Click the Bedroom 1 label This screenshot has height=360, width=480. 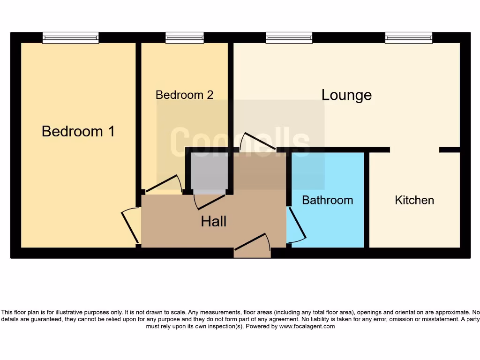(78, 131)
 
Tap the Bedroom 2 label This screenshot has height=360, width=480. (184, 95)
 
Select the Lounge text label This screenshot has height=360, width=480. (346, 95)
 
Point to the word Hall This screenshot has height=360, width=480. (214, 221)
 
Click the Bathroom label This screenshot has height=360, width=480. (327, 200)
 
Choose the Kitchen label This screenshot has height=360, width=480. (414, 200)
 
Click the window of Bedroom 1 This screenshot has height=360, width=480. (70, 38)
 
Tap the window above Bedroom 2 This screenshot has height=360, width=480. (184, 38)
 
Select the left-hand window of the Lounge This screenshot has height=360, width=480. (289, 38)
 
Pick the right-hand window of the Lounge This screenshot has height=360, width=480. (409, 38)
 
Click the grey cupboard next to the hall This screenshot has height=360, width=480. (209, 171)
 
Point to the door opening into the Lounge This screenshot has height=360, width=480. (257, 141)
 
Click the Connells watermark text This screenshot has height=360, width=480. (240, 141)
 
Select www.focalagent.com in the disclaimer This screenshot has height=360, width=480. (307, 326)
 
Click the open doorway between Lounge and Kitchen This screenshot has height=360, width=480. (414, 150)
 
